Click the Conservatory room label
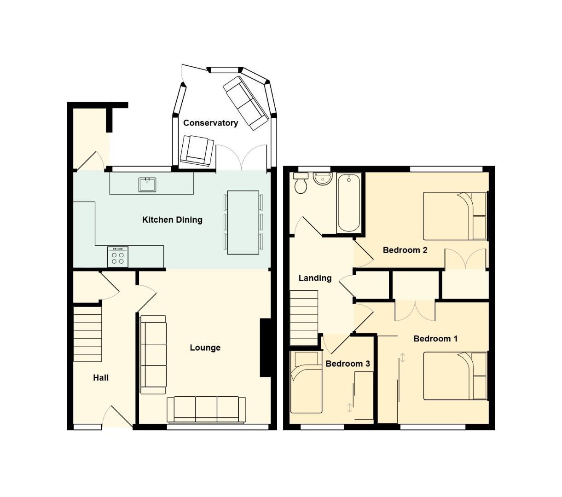point(210,123)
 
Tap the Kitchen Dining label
point(172,220)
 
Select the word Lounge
point(205,347)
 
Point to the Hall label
point(101,377)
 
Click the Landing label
point(315,278)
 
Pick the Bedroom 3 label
point(348,364)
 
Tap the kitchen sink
point(147,185)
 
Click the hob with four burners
point(118,257)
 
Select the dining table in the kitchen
point(243,222)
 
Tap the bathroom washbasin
point(323,179)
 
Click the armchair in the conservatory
point(197,150)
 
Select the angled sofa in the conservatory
point(245,102)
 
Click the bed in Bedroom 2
point(455,216)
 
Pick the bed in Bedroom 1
point(455,376)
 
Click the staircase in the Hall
point(87,334)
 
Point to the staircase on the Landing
point(303,318)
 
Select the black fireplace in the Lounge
point(265,348)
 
